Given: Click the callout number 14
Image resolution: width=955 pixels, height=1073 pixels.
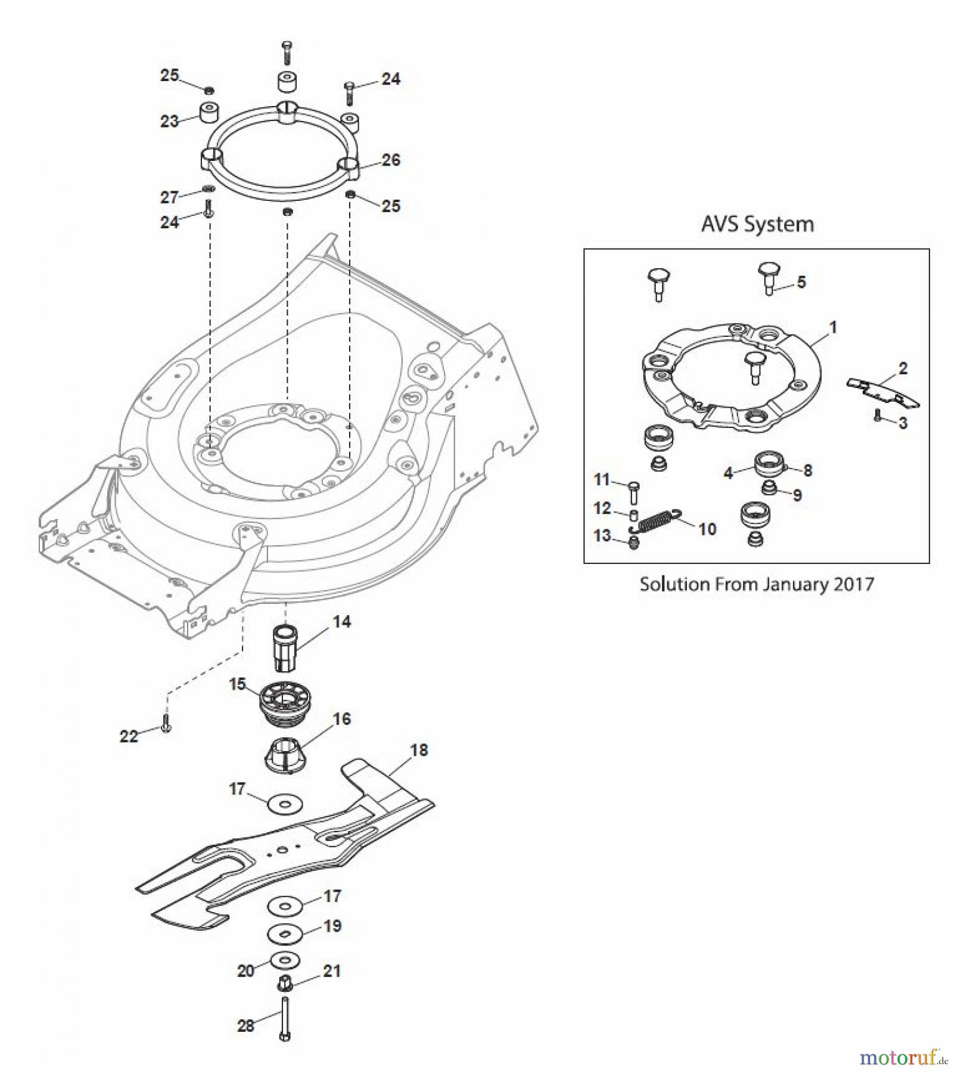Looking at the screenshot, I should pos(341,622).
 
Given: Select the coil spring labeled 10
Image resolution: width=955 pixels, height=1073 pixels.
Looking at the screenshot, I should pos(655,520).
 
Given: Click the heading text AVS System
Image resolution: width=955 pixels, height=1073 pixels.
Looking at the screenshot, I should pos(757,224).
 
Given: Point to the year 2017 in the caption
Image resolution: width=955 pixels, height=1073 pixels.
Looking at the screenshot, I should pos(854,584).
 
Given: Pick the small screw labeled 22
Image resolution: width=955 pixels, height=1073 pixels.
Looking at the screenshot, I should pos(166,723).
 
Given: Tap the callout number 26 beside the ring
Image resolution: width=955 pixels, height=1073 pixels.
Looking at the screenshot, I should pos(391,160).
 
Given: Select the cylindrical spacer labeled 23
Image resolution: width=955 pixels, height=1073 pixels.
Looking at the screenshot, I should pos(209,112).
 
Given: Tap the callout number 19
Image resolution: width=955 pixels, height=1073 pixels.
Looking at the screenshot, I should pos(332,926).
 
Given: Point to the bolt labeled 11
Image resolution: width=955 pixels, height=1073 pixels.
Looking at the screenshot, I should pos(634,492).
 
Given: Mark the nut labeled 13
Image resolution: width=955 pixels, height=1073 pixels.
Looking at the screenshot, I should pos(634,542).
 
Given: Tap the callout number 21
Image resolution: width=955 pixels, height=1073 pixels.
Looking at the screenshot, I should pos(332,971).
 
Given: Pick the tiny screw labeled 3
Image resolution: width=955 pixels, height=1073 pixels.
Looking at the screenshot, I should pos(877,416).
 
